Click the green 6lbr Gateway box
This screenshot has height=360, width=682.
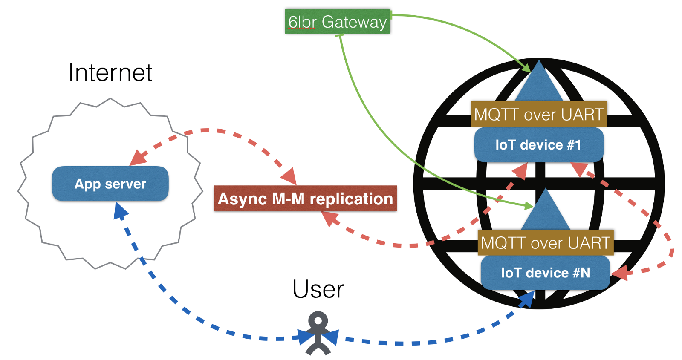(x=337, y=21)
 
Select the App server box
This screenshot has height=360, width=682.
(x=110, y=184)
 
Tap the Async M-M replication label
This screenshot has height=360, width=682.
(x=305, y=199)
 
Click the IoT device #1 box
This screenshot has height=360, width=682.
(x=538, y=145)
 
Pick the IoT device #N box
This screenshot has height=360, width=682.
(x=545, y=273)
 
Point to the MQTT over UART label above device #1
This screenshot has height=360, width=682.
(x=538, y=114)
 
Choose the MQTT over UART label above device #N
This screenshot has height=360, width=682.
(x=545, y=242)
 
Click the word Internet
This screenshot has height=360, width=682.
(x=110, y=72)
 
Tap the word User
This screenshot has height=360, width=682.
(x=318, y=289)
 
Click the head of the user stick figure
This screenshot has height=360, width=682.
(x=318, y=320)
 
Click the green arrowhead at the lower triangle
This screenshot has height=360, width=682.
(x=529, y=206)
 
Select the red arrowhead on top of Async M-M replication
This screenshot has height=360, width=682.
(x=289, y=176)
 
